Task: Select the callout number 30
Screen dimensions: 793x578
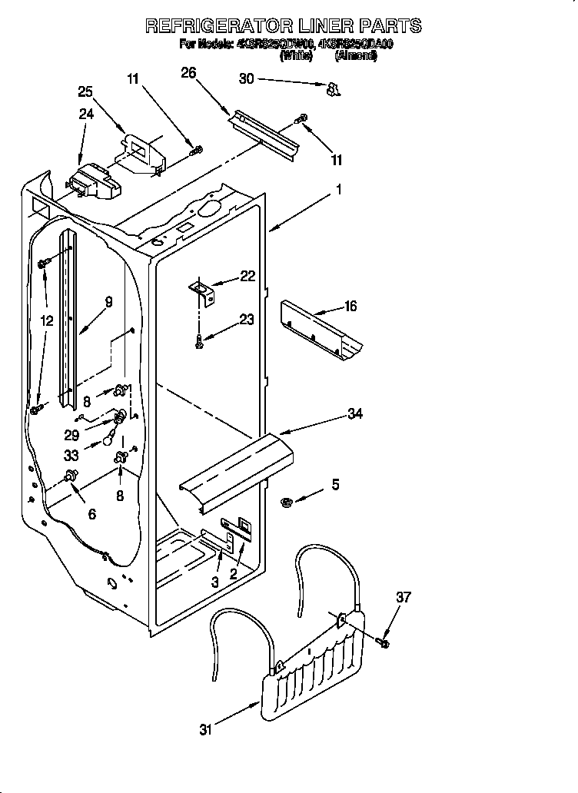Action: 246,78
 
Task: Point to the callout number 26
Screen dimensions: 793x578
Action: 188,73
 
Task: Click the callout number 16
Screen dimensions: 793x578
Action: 350,307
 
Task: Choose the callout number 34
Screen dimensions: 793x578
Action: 354,414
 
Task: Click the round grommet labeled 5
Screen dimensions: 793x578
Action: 286,502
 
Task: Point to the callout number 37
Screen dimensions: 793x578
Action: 404,597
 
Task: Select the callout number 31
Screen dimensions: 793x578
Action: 205,730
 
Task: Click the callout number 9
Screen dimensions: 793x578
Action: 108,303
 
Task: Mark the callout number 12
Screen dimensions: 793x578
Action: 48,321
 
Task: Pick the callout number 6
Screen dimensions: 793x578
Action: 92,514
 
